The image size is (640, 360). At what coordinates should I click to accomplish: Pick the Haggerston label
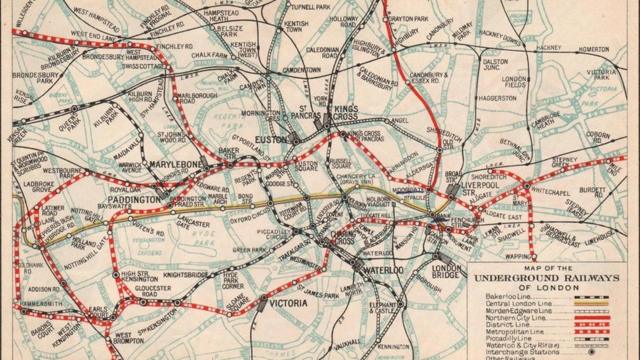point(497,99)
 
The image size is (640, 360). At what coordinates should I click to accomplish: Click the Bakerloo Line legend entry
point(515,297)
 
